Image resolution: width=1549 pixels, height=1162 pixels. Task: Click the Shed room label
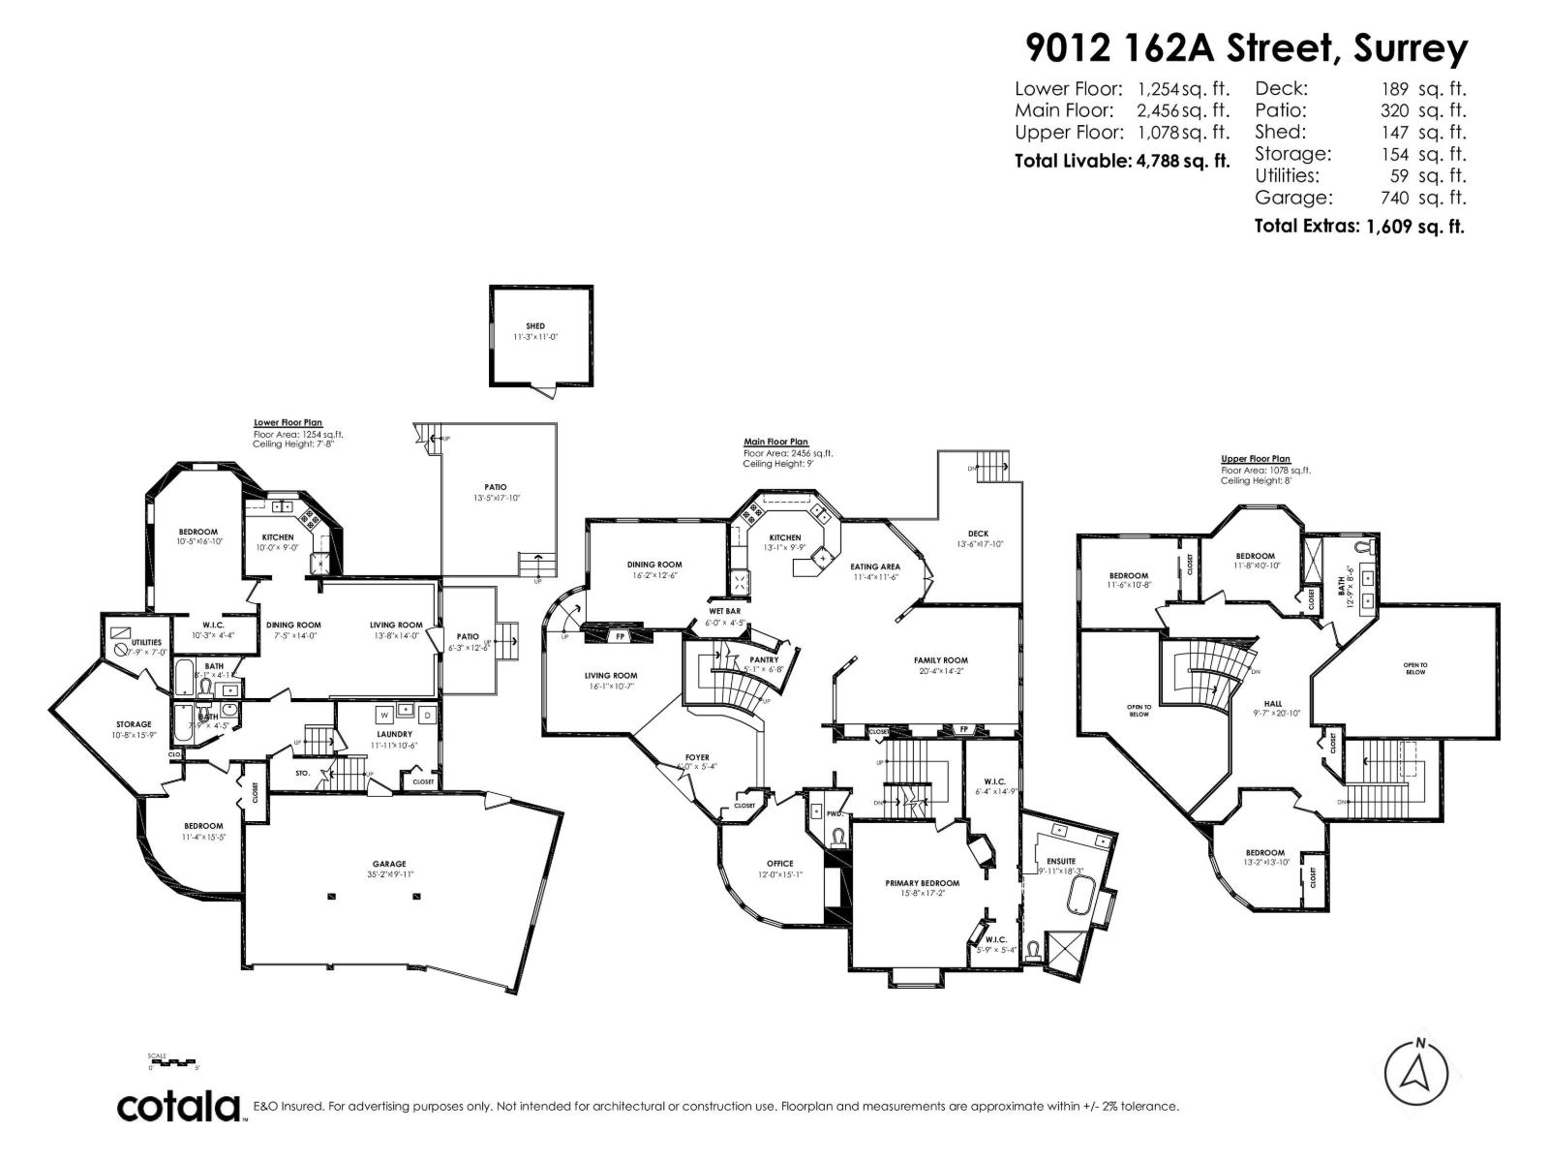tap(535, 326)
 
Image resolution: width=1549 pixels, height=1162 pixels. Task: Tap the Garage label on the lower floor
tap(389, 864)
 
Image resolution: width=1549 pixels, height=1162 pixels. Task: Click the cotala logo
tap(180, 1107)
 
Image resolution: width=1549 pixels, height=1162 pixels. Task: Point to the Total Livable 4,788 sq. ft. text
tap(1122, 161)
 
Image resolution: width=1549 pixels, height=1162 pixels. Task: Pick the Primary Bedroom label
tap(922, 883)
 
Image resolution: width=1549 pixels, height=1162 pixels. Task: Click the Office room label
tap(779, 864)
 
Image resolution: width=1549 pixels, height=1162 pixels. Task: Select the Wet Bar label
tap(724, 612)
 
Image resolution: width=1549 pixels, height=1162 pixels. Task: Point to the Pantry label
tap(764, 659)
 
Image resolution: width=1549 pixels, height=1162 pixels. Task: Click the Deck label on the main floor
tap(978, 534)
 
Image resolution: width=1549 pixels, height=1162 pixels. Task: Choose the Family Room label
tap(940, 660)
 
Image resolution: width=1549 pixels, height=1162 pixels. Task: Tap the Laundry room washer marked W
tap(384, 715)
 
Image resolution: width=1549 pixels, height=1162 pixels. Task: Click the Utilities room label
tap(146, 642)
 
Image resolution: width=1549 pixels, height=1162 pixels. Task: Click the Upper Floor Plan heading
tap(1256, 459)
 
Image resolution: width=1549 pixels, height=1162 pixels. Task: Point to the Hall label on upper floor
tap(1272, 704)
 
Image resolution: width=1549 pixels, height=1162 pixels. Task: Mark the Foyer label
tap(697, 757)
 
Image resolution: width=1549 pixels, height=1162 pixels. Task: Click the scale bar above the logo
tap(172, 1062)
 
